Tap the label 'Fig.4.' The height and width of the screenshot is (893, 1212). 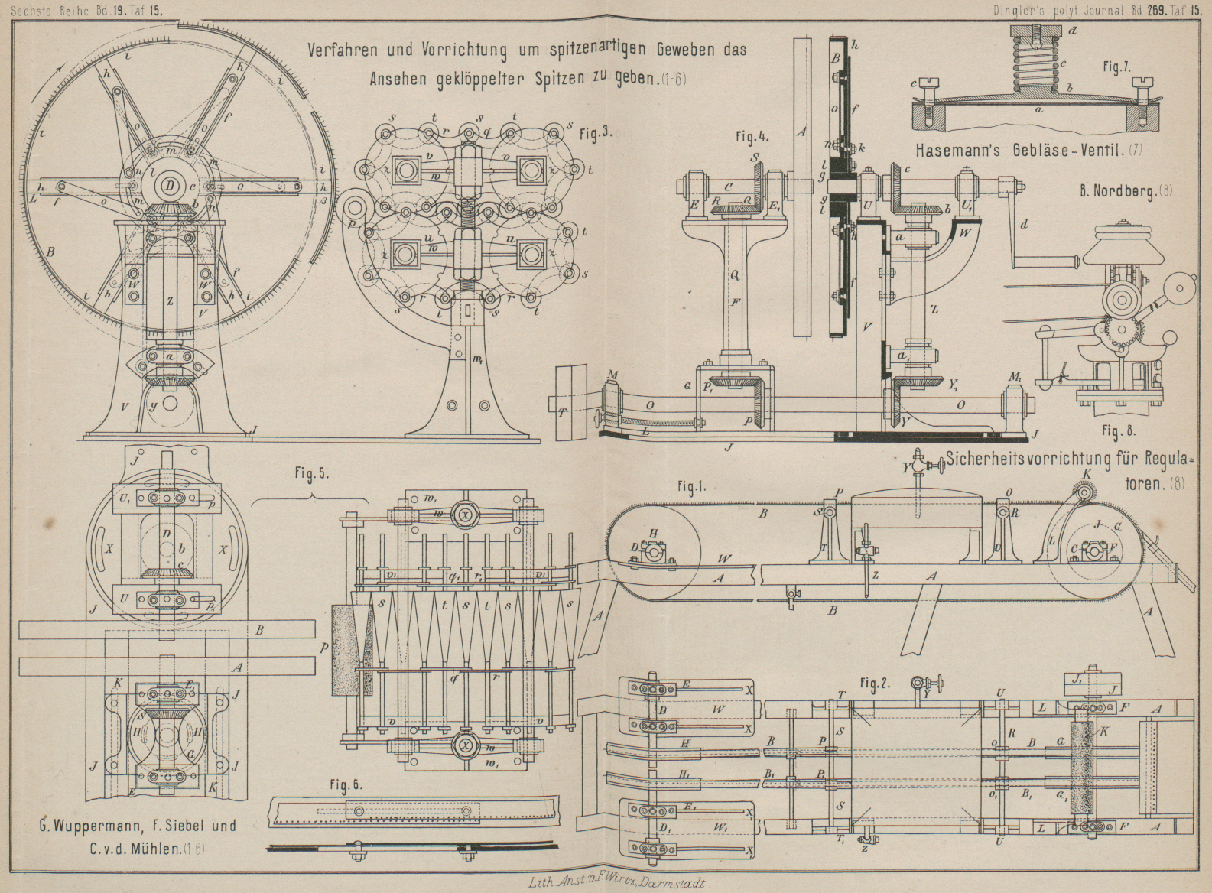[754, 138]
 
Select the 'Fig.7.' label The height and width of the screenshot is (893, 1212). [1116, 67]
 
